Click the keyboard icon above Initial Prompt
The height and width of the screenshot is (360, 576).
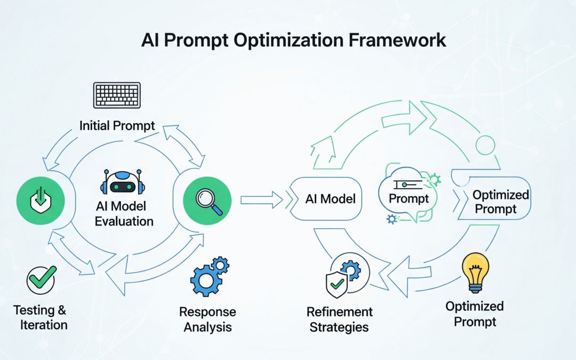[116, 96]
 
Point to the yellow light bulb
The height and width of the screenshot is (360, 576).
[475, 271]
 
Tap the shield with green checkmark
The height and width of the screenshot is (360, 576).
[336, 283]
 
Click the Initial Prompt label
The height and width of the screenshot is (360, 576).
[117, 126]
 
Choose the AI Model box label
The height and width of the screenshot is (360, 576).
[331, 199]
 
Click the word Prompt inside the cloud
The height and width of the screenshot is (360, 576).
[409, 199]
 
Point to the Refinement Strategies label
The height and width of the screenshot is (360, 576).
[340, 319]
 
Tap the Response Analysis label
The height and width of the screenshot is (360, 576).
[207, 319]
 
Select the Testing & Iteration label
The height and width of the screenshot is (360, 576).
[40, 317]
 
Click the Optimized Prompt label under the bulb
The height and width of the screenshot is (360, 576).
[475, 314]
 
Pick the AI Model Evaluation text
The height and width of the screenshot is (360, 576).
[124, 213]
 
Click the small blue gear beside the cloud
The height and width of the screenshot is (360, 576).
[393, 219]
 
